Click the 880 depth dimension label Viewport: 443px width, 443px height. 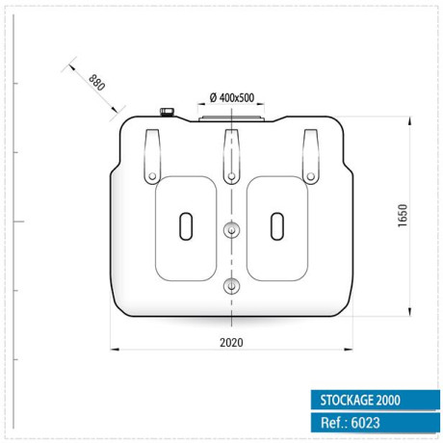tap(97, 83)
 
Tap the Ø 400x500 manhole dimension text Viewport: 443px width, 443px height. tap(232, 97)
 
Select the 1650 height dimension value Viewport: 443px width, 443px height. tap(403, 216)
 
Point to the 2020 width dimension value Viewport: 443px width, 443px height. tap(231, 343)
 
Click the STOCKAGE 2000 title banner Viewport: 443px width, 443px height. tap(376, 400)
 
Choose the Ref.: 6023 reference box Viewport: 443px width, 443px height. tap(376, 423)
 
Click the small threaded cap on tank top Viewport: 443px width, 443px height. tap(167, 112)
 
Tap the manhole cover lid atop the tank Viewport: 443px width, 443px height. tap(231, 119)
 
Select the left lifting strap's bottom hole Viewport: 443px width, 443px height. tap(152, 176)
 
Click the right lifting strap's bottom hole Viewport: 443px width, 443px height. tap(311, 176)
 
